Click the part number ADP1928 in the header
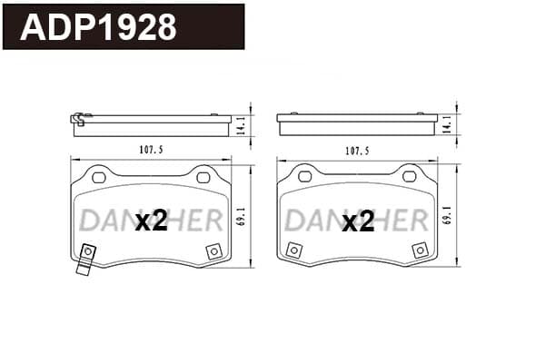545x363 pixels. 98,27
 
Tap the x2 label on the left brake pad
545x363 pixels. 152,221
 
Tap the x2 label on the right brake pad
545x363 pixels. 358,222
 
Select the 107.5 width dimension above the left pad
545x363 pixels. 151,150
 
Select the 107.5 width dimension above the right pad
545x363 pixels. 357,151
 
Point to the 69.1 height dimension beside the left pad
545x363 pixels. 242,216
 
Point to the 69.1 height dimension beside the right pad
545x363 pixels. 447,215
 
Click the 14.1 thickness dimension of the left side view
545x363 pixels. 242,125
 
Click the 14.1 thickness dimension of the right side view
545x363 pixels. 447,124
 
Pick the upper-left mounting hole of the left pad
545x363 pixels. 99,178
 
